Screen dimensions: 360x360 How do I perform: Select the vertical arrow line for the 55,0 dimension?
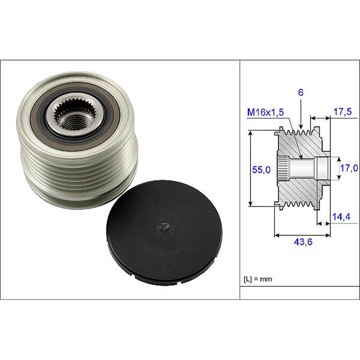[250, 170]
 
